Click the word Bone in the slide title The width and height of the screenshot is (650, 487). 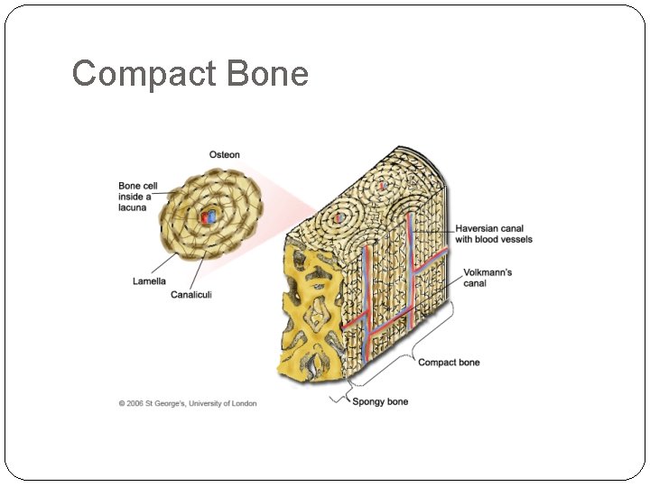coord(268,73)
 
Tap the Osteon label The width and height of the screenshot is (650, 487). coord(225,154)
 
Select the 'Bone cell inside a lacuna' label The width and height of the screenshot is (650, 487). coord(138,197)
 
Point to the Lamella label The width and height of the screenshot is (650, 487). coord(149,281)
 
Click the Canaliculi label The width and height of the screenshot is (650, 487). coord(191,295)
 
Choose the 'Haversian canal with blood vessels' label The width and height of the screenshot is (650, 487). coord(493,234)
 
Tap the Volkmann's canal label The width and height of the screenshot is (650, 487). coord(487,278)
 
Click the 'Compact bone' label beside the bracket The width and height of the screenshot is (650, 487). coord(449,363)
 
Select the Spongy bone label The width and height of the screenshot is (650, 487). coord(380,401)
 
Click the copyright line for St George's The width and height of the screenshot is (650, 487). coord(188,403)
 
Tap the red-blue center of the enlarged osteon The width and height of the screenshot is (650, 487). coord(209,216)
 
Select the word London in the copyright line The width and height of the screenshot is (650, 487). coord(242,403)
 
